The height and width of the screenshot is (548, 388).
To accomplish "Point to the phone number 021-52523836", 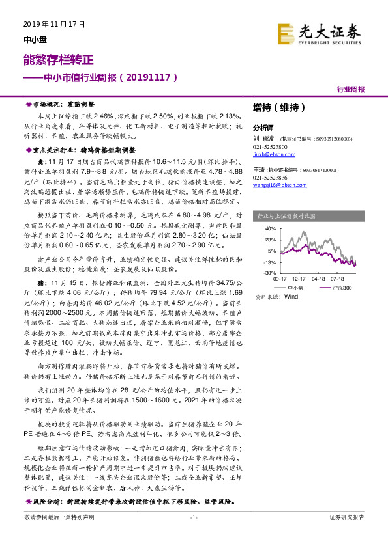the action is (x=269, y=178).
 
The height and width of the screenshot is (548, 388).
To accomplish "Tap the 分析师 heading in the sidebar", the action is (x=263, y=128).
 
